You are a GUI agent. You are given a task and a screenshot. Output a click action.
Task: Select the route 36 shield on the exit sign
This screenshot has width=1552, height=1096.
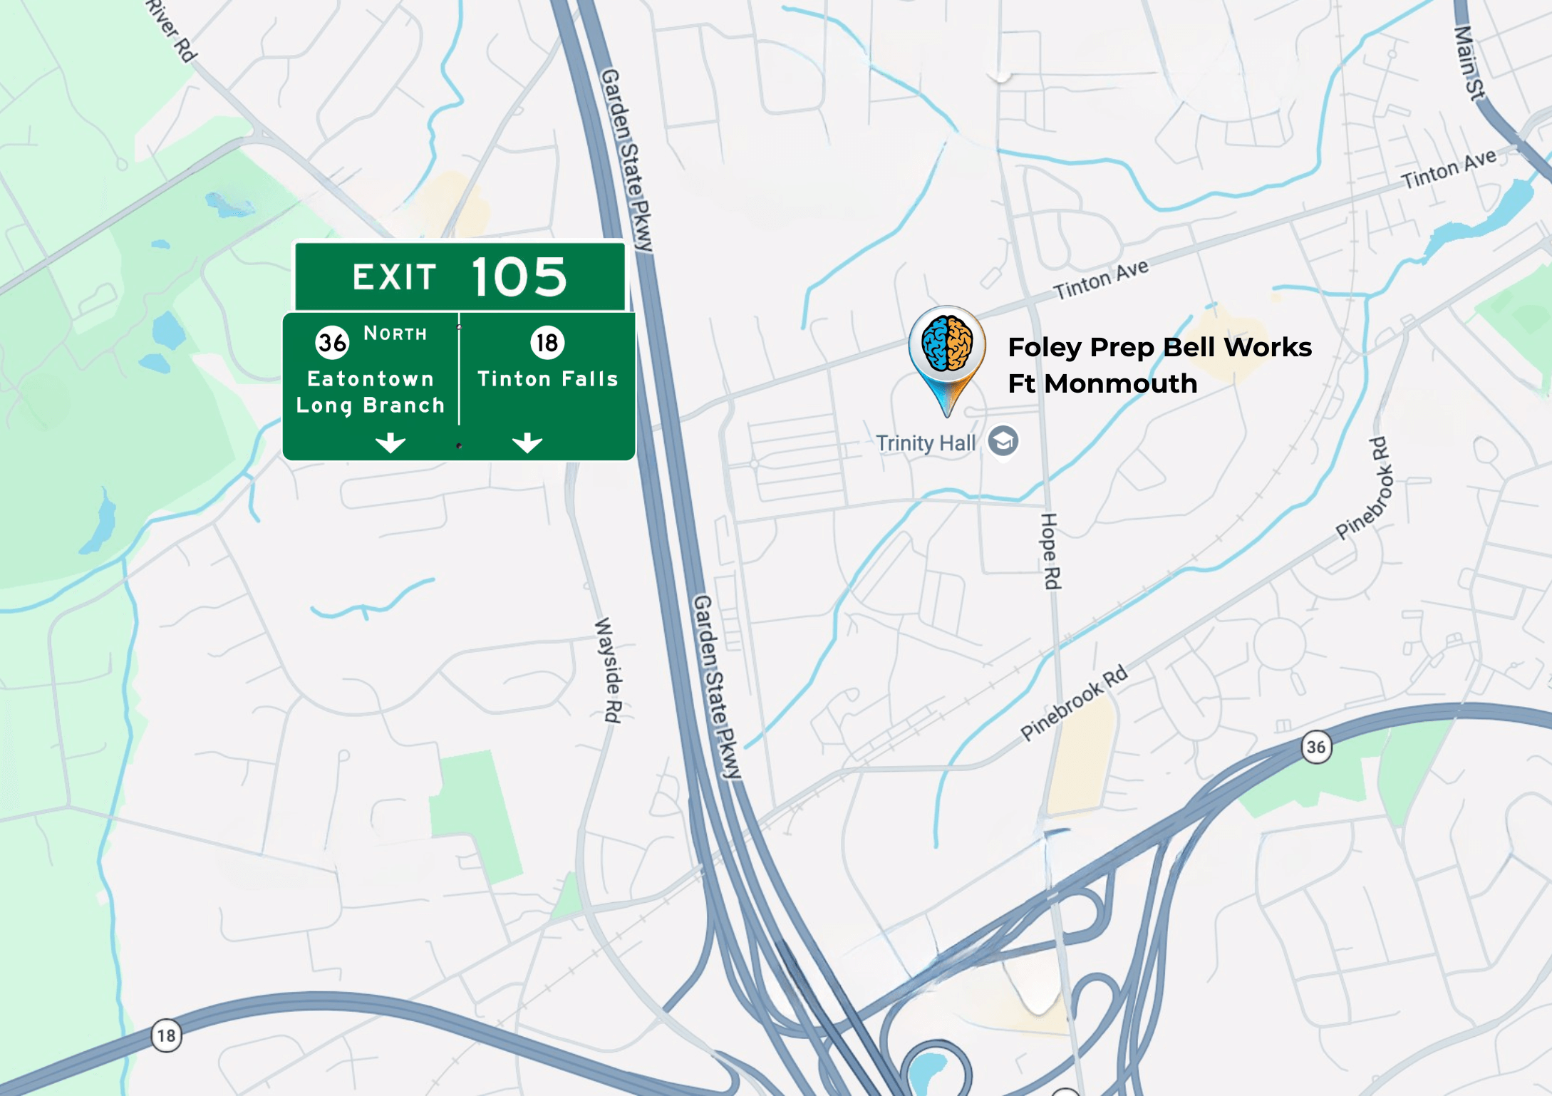[x=332, y=343]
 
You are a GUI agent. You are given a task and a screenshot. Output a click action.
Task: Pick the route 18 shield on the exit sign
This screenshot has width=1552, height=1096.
[x=547, y=343]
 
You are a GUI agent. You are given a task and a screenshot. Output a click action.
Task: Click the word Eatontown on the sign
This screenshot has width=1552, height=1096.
[x=371, y=378]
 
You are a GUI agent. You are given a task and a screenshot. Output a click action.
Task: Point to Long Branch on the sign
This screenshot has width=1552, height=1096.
[x=371, y=405]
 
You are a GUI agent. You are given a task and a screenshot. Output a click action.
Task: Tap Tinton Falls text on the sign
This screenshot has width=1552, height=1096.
[x=547, y=378]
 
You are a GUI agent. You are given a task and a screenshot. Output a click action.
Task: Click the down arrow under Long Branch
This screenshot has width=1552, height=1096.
[x=390, y=443]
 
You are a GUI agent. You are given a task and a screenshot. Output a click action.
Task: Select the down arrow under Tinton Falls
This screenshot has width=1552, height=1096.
[x=527, y=443]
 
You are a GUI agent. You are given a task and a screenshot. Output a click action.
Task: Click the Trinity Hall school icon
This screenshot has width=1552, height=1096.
[x=1003, y=441]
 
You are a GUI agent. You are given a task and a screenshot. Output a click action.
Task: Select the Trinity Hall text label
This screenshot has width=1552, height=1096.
[x=926, y=443]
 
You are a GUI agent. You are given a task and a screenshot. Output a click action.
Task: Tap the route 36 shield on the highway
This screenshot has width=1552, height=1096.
[x=1315, y=747]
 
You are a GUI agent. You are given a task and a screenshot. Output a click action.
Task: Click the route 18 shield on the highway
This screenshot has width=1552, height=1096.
[x=166, y=1035]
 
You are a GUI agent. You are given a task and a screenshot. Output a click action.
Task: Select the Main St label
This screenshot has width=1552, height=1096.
[x=1468, y=63]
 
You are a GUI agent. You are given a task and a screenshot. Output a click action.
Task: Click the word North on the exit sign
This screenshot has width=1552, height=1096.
[x=395, y=334]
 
